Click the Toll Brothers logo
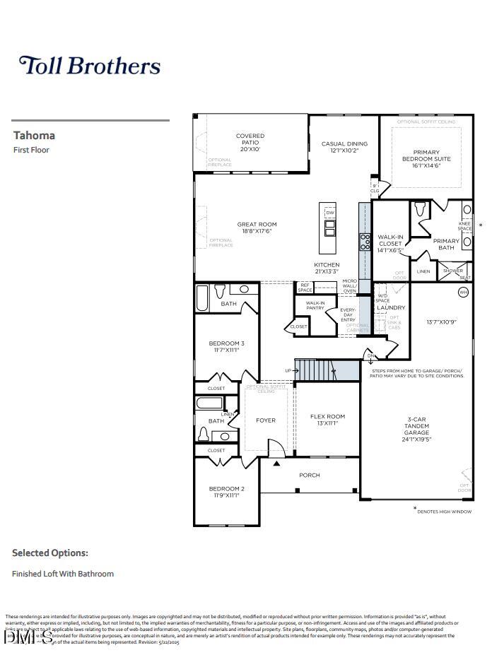pyautogui.click(x=90, y=66)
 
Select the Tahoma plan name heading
pyautogui.click(x=34, y=135)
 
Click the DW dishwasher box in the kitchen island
pyautogui.click(x=329, y=213)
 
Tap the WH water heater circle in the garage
pyautogui.click(x=464, y=292)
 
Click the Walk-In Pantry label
pyautogui.click(x=315, y=305)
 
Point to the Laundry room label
pyautogui.click(x=391, y=307)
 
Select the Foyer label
pyautogui.click(x=266, y=420)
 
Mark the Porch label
pyautogui.click(x=310, y=475)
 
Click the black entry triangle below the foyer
pyautogui.click(x=276, y=464)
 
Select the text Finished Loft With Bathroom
pyautogui.click(x=63, y=574)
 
